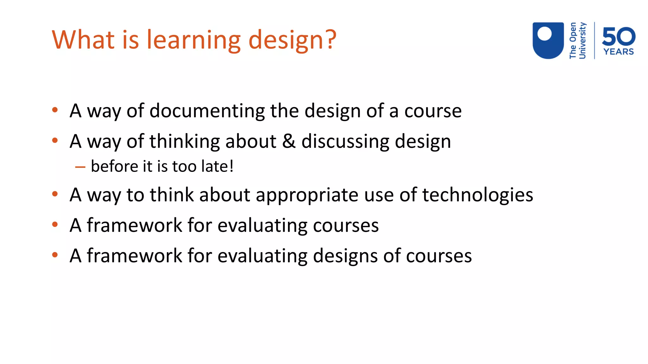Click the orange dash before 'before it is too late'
tap(80, 167)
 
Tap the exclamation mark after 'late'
tap(231, 166)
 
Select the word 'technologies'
tap(477, 195)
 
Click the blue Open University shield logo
tap(548, 40)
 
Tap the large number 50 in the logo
tap(619, 36)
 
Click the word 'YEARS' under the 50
tap(619, 52)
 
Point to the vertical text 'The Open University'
tap(577, 40)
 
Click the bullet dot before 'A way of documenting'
tap(55, 110)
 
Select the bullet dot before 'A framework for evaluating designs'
tap(55, 255)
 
